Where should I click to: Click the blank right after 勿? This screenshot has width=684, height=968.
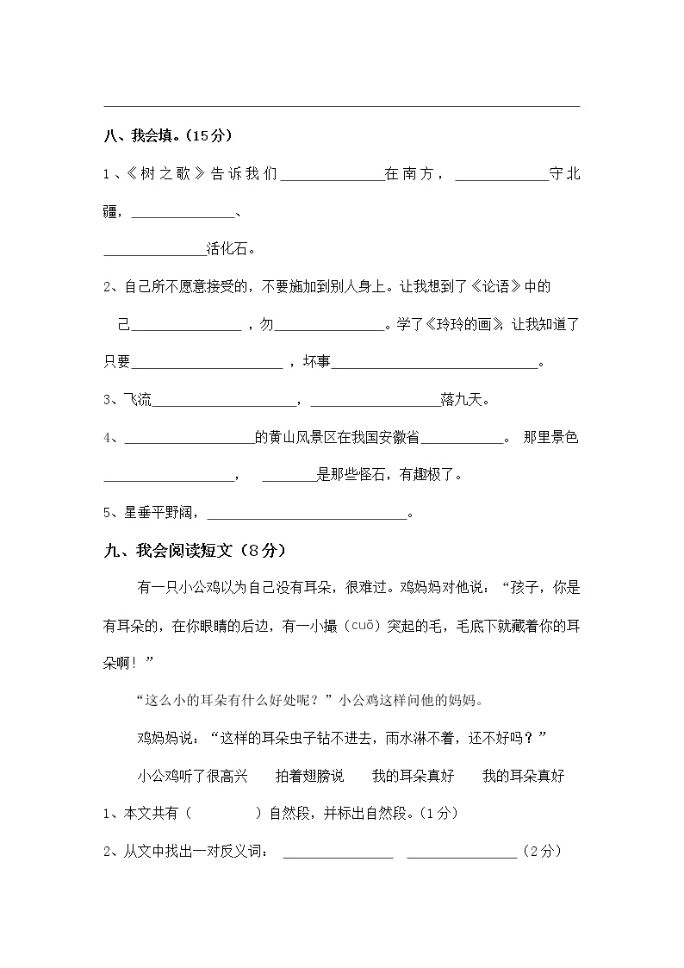pyautogui.click(x=330, y=327)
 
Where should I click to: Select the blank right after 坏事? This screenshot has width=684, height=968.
pyautogui.click(x=434, y=365)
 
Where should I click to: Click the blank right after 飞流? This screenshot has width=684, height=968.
pyautogui.click(x=224, y=403)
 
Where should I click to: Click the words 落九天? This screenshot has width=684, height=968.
pyautogui.click(x=464, y=400)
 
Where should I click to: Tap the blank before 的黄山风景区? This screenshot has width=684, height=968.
pyautogui.click(x=190, y=440)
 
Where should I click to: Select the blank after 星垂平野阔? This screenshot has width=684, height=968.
pyautogui.click(x=307, y=516)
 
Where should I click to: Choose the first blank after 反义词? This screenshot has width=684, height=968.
pyautogui.click(x=338, y=853)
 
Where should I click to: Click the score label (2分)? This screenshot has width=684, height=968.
pyautogui.click(x=543, y=852)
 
